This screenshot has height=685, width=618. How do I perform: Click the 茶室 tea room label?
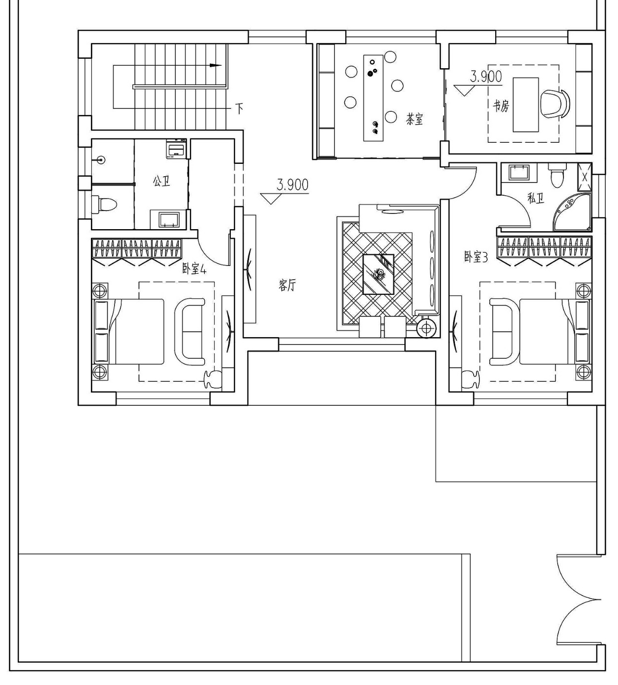tap(414, 119)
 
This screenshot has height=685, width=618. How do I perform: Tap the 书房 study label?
tap(501, 105)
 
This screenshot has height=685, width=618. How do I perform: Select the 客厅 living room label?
tap(287, 285)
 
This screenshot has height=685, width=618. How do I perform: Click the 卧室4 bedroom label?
tap(194, 269)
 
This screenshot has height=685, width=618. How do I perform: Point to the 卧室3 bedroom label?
tap(476, 257)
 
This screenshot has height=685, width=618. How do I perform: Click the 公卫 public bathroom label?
tap(162, 182)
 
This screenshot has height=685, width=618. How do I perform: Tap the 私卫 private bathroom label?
tap(535, 198)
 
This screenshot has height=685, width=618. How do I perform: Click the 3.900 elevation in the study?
tap(486, 77)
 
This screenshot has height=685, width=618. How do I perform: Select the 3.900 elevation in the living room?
tap(292, 185)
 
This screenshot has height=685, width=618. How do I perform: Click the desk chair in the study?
tap(555, 104)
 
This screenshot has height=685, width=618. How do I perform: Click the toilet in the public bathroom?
tap(104, 204)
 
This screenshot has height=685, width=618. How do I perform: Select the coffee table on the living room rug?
tap(378, 274)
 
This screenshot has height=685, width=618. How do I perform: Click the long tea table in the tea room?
tap(373, 98)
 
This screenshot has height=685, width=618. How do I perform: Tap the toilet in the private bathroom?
tap(557, 176)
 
